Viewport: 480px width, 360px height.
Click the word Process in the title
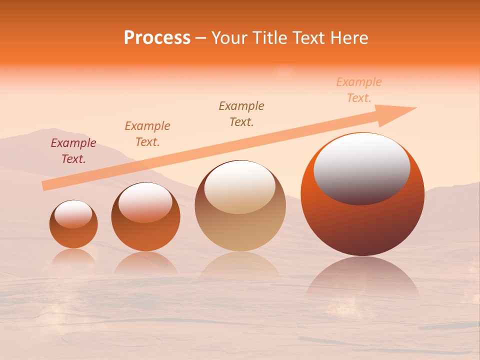(x=157, y=38)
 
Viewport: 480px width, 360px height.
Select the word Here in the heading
(x=350, y=38)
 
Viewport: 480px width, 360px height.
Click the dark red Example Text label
(x=73, y=151)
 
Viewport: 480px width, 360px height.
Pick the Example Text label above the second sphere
(x=147, y=134)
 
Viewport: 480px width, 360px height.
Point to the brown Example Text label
(x=241, y=113)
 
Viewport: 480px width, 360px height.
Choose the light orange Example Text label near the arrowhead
(x=359, y=90)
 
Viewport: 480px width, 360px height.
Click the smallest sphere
(x=73, y=235)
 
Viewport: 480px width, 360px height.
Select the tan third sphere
(x=240, y=230)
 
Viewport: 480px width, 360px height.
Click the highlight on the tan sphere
(x=240, y=186)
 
